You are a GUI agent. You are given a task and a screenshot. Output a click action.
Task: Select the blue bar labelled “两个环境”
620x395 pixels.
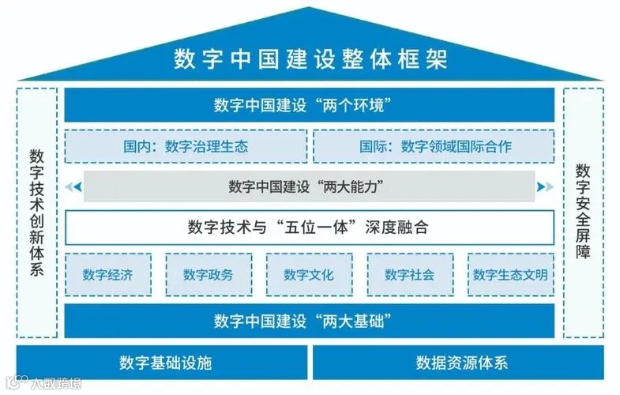pos(310,105)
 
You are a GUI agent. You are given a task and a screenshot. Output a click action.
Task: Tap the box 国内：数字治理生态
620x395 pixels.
pos(186,146)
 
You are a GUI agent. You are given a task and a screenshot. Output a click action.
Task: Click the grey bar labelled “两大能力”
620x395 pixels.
pos(310,187)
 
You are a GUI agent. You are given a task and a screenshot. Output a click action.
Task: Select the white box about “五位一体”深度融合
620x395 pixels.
pos(310,228)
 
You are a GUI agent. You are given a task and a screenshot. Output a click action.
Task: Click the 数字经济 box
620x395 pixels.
pos(107,275)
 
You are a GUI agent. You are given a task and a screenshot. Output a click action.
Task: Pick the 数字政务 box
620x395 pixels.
pos(209,275)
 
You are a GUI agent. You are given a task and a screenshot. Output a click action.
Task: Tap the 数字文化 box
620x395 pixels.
pos(309,275)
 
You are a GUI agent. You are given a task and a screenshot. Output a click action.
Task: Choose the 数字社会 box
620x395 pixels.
pos(409,275)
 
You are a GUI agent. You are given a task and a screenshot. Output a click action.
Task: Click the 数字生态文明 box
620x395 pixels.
pos(510,275)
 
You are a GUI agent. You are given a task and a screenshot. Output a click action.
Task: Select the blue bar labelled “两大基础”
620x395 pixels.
pos(310,321)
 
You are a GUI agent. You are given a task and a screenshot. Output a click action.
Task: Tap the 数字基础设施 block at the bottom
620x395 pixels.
pos(162,363)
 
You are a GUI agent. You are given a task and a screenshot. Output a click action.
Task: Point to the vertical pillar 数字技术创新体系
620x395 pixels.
pos(36,212)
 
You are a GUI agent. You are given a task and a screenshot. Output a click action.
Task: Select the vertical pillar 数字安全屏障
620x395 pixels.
pos(583,212)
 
